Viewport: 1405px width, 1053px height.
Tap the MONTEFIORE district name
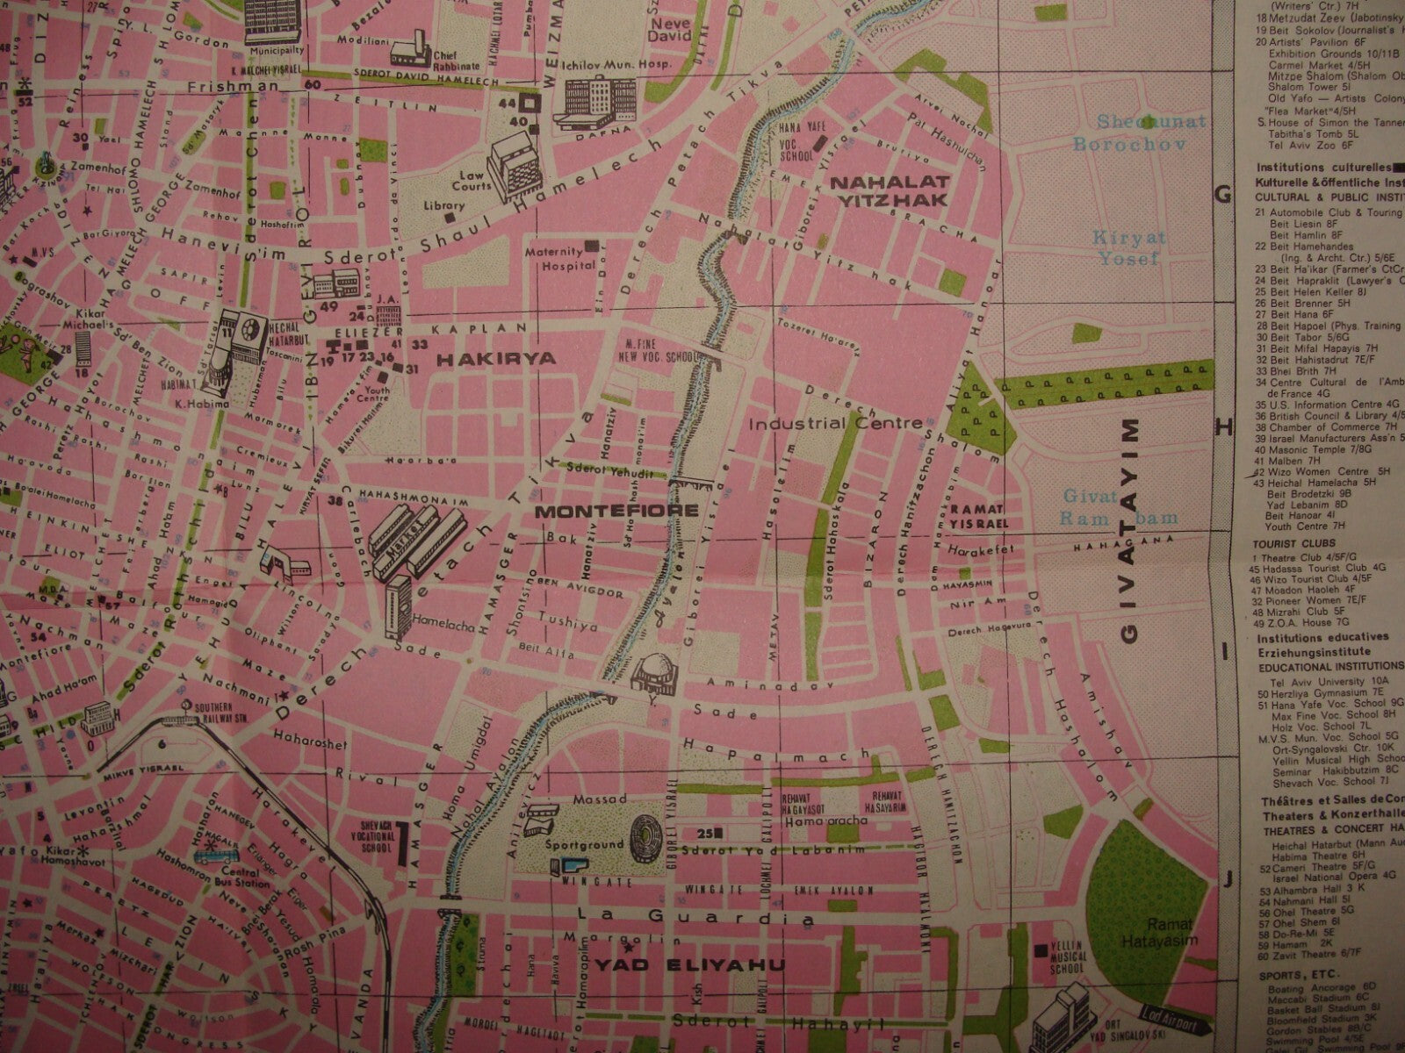coord(616,510)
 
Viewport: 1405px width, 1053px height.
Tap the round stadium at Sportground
coord(651,833)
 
